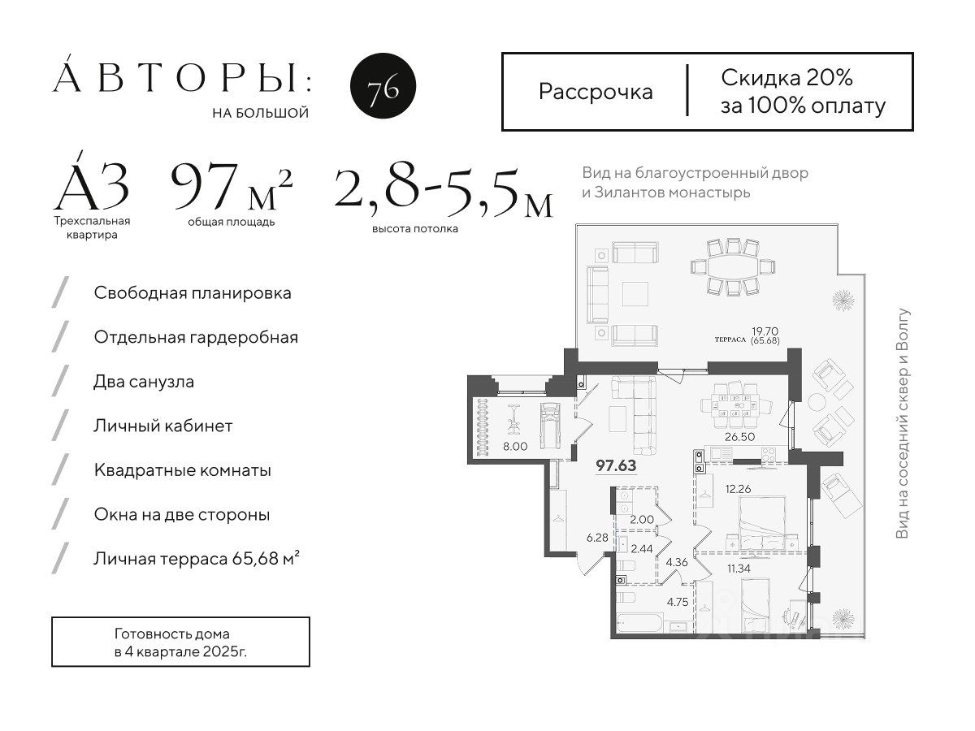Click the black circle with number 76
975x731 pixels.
(383, 85)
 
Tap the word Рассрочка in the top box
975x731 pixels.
(596, 93)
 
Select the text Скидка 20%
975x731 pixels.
(786, 78)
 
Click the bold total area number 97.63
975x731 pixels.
(616, 465)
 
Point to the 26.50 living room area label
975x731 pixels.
(739, 437)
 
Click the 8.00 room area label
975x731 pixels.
(515, 447)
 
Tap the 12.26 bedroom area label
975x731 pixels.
(739, 489)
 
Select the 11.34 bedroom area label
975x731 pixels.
(739, 569)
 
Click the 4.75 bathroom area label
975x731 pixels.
(678, 603)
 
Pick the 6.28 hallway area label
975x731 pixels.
(597, 538)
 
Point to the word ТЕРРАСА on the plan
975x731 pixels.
(730, 340)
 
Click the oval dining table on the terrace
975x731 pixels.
(733, 267)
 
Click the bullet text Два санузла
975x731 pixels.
(144, 382)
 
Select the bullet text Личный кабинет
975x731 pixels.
(163, 426)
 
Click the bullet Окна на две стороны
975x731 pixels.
(182, 515)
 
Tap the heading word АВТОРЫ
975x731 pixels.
(175, 79)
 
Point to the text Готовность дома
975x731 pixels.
(172, 634)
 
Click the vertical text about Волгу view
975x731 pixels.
(902, 423)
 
